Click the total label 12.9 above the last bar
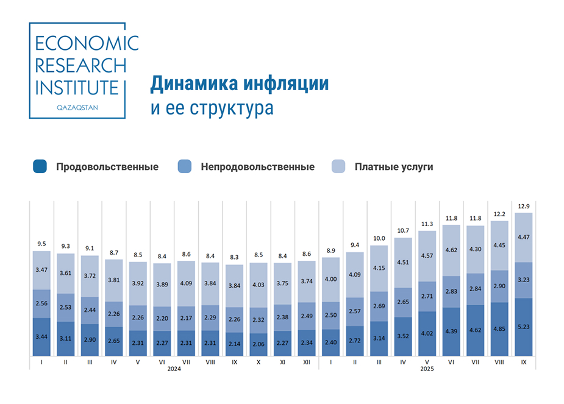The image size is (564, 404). pos(524,207)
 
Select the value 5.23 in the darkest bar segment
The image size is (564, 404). pos(524,327)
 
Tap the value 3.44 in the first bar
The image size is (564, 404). pos(42,337)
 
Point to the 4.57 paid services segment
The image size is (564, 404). pos(427,255)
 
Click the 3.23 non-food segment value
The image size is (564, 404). pos(524,280)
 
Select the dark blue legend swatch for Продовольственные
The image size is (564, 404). pos(41,166)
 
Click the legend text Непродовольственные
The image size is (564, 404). pos(257,167)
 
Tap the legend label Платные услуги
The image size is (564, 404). pos(393,167)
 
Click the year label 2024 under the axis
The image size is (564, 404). pos(174,369)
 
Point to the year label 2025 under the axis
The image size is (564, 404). pos(427,369)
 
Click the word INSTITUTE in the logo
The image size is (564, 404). pos(77,87)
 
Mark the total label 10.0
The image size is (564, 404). pos(379,238)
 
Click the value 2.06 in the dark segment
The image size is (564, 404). pos(259,344)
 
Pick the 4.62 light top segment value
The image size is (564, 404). pos(451,250)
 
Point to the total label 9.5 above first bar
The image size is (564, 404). pos(42,244)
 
